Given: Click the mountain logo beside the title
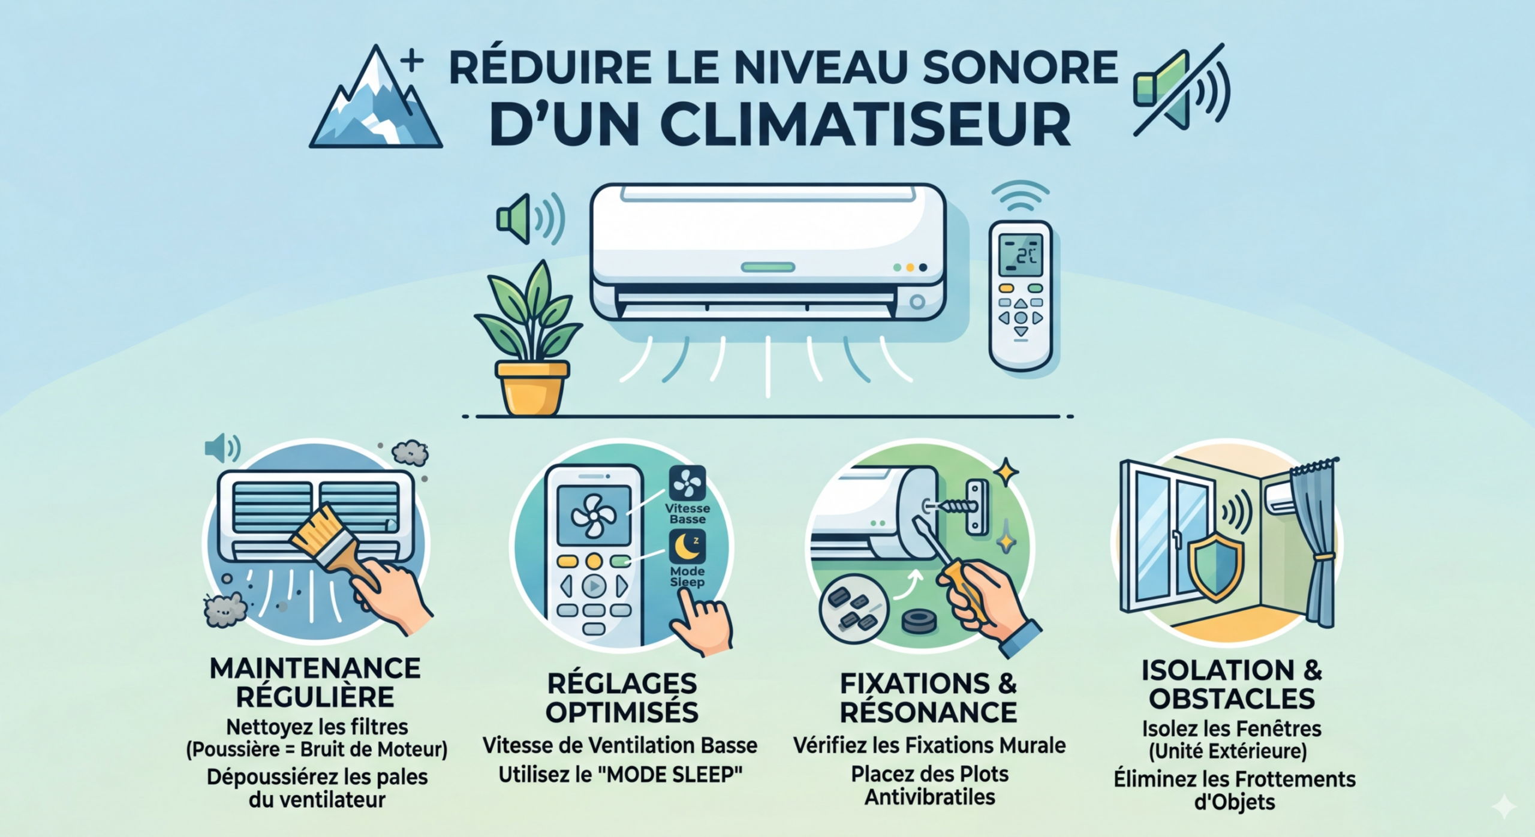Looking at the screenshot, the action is (x=375, y=99).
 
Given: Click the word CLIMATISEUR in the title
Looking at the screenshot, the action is (x=780, y=126).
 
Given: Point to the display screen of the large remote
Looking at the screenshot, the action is (x=1021, y=255).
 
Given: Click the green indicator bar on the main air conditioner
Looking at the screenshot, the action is (x=768, y=267).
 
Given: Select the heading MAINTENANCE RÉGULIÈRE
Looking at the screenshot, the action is (x=315, y=683).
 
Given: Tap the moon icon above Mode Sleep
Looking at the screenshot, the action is (x=687, y=547).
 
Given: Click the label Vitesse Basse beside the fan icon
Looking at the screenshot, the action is (x=687, y=514).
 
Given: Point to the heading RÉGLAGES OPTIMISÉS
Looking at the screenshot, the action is (x=622, y=698).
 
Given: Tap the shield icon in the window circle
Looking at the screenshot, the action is (x=1215, y=567).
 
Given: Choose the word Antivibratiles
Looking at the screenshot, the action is (x=930, y=797).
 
